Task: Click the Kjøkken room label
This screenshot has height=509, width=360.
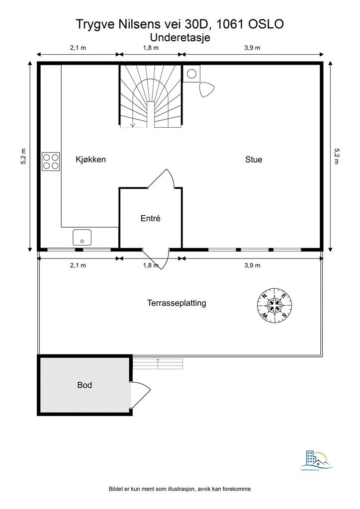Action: point(90,160)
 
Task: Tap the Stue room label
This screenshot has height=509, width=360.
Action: point(253,160)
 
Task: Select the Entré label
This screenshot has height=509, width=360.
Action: point(150,218)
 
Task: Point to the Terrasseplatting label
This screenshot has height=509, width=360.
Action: point(177,303)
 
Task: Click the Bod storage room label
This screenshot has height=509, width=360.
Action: point(85,385)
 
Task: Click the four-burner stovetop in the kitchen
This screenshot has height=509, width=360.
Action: point(51,161)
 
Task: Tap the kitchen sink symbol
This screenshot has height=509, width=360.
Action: point(82,237)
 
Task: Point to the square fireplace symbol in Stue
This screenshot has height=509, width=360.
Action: point(191,74)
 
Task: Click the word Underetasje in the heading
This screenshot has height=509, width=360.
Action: point(180,37)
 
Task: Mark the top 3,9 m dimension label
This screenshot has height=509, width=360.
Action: point(252,48)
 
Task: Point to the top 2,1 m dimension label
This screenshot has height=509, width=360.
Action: point(78,48)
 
